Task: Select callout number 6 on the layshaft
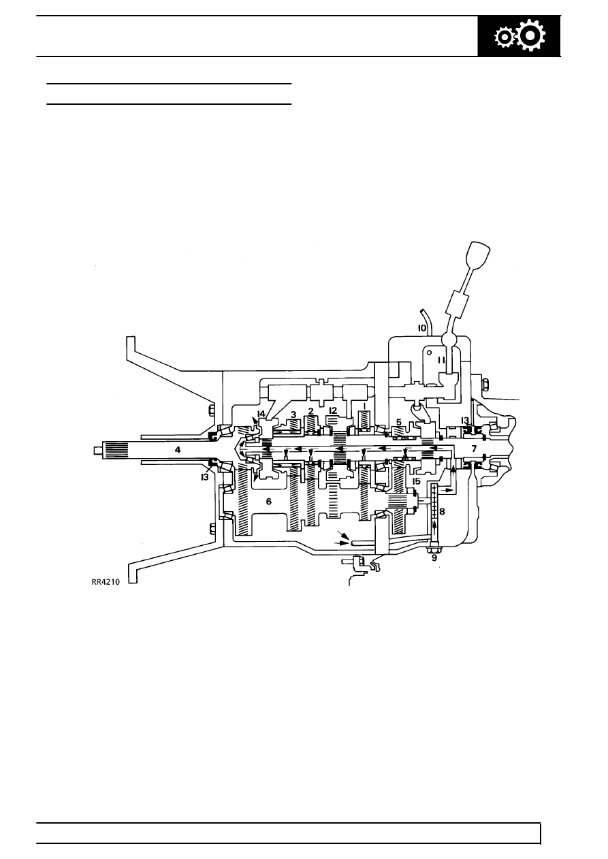click(x=268, y=501)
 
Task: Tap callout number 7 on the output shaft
click(x=474, y=449)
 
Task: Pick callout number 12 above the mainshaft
click(x=332, y=410)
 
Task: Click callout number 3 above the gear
click(x=293, y=414)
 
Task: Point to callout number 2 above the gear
click(x=310, y=411)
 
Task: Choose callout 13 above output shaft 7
click(x=465, y=420)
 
